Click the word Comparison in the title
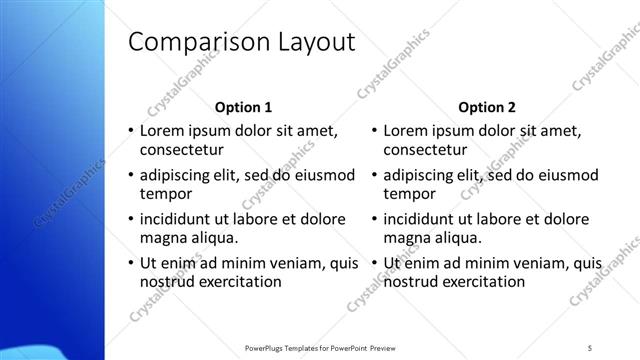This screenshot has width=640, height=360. [x=191, y=43]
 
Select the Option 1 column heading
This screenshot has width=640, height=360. [x=244, y=107]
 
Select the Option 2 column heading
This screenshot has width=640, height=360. [x=487, y=107]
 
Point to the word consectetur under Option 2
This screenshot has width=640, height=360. [x=424, y=151]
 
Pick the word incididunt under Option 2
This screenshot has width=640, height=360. [x=421, y=218]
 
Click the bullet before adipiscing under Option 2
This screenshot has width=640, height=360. [x=373, y=175]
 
